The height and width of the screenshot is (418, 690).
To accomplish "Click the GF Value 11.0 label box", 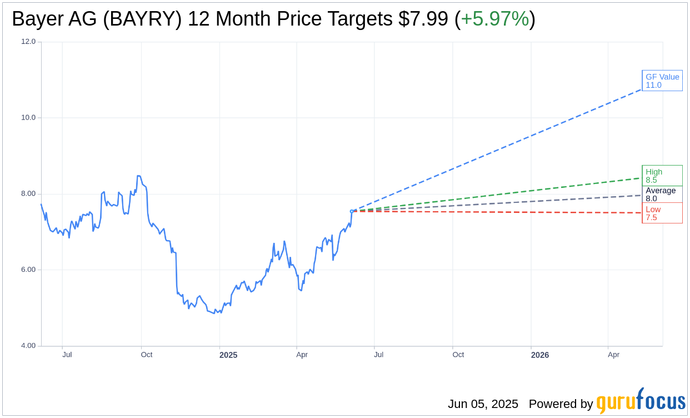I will click(662, 81).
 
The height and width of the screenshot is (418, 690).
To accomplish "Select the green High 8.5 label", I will click(662, 176).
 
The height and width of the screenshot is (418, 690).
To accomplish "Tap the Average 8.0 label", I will click(662, 194).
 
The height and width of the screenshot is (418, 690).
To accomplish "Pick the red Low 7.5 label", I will click(662, 213).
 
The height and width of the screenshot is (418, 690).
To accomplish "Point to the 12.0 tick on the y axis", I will click(28, 41).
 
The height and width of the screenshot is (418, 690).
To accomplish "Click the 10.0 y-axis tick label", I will click(28, 117).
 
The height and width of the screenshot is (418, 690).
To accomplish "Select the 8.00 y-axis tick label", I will click(28, 193).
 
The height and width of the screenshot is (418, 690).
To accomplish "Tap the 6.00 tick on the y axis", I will click(28, 270).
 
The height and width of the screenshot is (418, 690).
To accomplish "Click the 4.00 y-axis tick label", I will click(28, 346).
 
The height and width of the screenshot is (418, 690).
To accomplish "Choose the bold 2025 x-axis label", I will click(228, 355).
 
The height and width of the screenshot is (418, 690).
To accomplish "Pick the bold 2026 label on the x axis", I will click(540, 355).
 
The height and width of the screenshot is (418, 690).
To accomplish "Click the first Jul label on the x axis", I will click(67, 355).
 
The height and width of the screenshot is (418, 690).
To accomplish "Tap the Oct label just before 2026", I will click(458, 355).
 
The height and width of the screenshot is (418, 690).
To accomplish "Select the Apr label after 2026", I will click(613, 355).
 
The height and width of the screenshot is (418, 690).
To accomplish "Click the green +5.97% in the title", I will click(494, 19).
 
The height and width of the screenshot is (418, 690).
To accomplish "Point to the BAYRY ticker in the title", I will click(142, 19).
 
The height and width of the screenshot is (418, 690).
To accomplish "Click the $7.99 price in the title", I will click(423, 19).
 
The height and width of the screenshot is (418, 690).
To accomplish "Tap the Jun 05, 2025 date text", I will click(483, 404).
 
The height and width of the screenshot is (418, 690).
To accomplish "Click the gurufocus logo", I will click(641, 401).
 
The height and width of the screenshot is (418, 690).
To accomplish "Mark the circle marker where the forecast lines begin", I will click(352, 211).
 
